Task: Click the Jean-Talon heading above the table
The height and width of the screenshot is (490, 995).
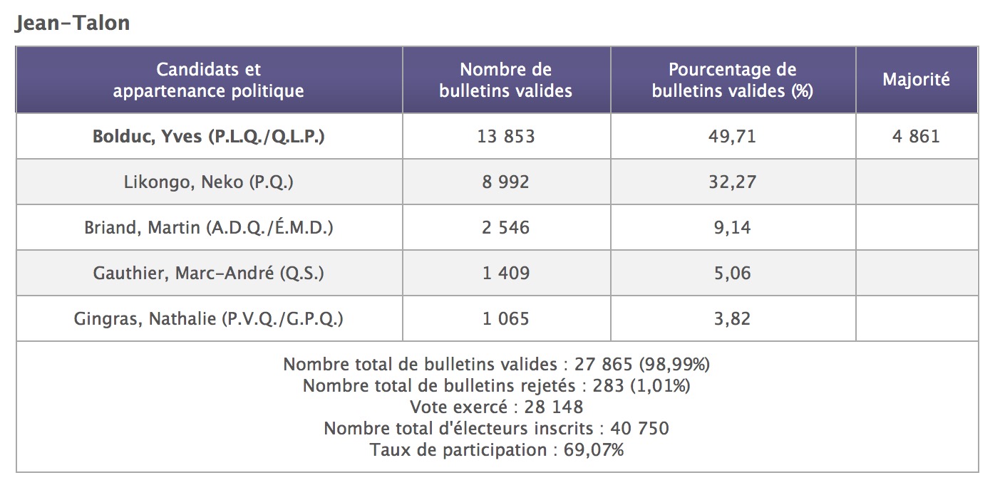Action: pyautogui.click(x=72, y=23)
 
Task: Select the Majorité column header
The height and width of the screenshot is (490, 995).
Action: pyautogui.click(x=916, y=80)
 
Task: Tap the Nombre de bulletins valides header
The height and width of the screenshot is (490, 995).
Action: pyautogui.click(x=505, y=80)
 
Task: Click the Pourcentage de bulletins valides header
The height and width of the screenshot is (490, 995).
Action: pyautogui.click(x=732, y=80)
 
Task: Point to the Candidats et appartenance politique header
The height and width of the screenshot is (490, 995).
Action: pyautogui.click(x=208, y=80)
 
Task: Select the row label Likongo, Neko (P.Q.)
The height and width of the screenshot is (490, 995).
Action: pyautogui.click(x=208, y=182)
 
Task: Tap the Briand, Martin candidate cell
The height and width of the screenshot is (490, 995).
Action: pyautogui.click(x=208, y=227)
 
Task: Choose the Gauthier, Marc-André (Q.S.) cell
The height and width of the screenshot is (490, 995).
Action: pyautogui.click(x=208, y=273)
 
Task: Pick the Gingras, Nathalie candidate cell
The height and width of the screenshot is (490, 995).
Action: pyautogui.click(x=208, y=318)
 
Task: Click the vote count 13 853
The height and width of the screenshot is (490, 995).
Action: pyautogui.click(x=505, y=136)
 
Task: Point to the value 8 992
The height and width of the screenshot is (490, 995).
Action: pyautogui.click(x=505, y=182)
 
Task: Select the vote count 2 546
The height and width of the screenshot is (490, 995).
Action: pyautogui.click(x=505, y=227)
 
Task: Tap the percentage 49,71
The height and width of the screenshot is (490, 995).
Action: pyautogui.click(x=732, y=136)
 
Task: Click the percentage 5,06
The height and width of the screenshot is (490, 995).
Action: pyautogui.click(x=732, y=273)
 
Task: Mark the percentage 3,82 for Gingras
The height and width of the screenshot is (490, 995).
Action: pyautogui.click(x=732, y=318)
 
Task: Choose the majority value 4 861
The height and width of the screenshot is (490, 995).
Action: pyautogui.click(x=916, y=136)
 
